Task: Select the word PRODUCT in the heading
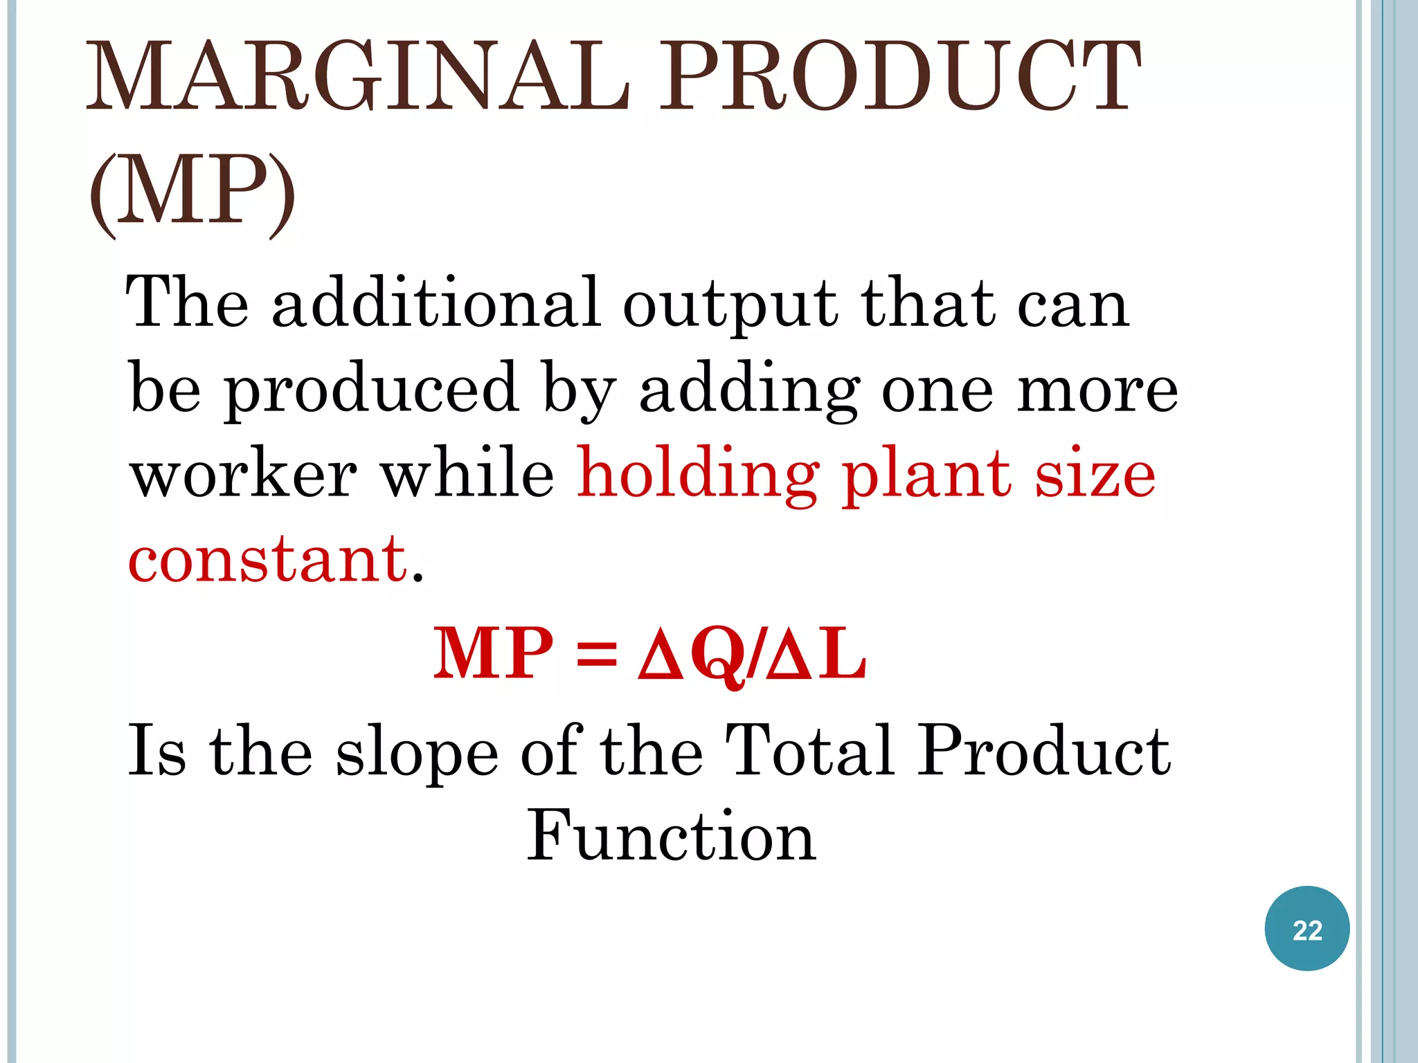[x=899, y=78]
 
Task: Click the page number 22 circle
[x=1307, y=929]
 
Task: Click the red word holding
[x=699, y=478]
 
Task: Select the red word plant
[x=926, y=478]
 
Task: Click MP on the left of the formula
[x=493, y=653]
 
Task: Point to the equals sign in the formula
[x=596, y=655]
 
